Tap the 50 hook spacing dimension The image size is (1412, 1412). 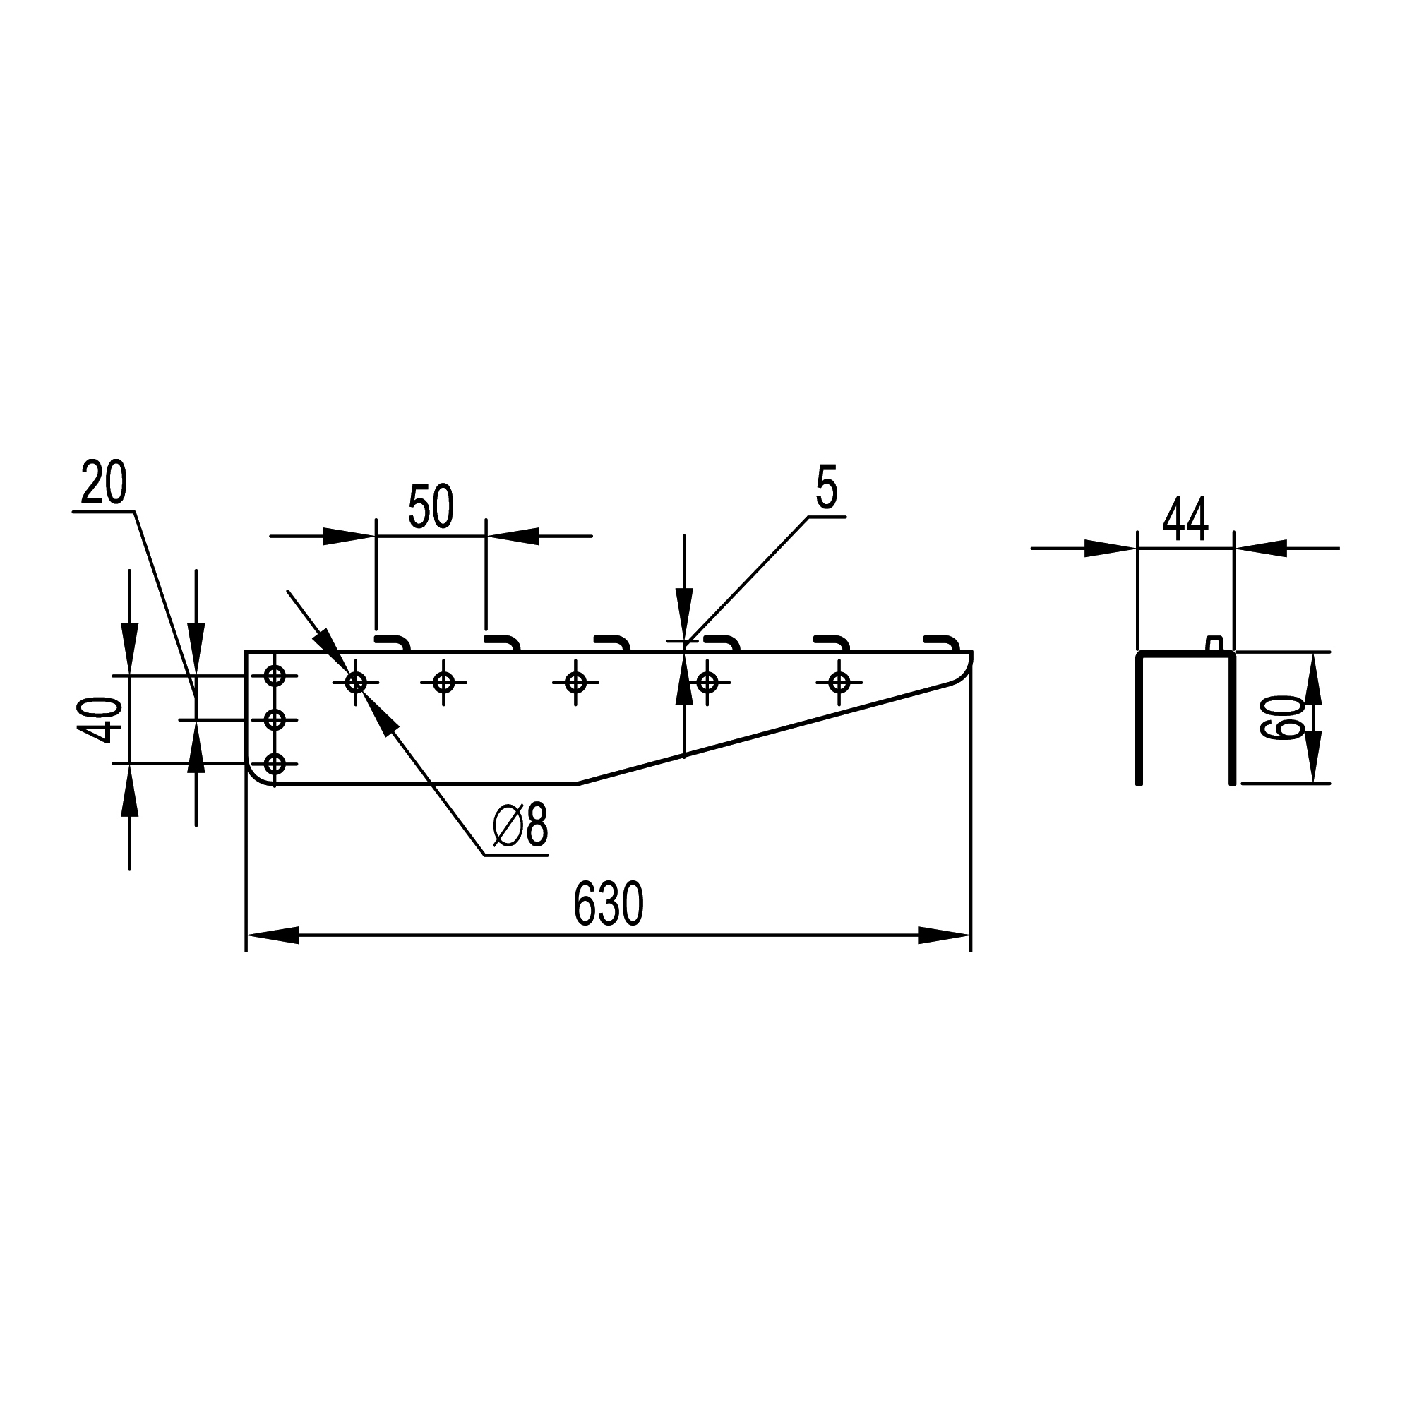pos(431,505)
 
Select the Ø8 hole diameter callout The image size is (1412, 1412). pos(520,825)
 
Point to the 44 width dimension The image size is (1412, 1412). pos(1185,519)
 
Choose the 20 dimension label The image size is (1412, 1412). pos(104,482)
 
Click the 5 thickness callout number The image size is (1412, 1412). pos(826,486)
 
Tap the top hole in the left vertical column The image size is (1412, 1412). pos(274,676)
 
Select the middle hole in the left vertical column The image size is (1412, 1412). pos(274,720)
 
